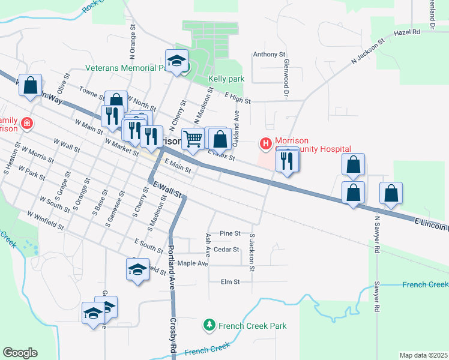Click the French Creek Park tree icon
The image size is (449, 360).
pos(209,325)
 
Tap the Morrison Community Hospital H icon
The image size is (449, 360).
pos(265,143)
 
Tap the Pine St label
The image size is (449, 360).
pos(230,233)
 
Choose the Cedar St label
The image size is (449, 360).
pos(226,249)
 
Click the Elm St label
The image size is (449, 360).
pos(230,281)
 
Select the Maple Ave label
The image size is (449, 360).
pos(192,263)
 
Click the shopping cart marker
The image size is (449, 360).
pos(193,139)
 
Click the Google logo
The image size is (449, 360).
pos(20,353)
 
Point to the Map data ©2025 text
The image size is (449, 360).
pos(423,355)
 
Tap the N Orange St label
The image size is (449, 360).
pos(131,45)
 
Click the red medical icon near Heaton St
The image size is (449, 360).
pos(26,124)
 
